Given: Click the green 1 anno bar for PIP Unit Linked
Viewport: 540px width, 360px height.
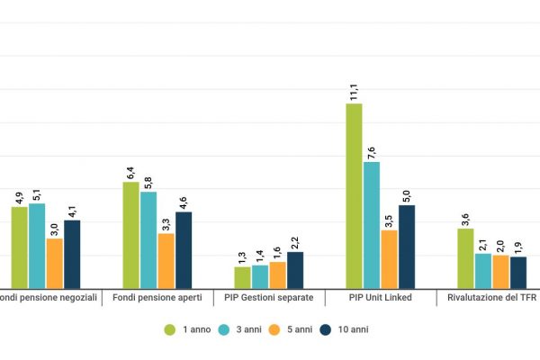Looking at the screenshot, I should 355,194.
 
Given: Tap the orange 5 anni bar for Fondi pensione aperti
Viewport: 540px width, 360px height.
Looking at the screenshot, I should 166,260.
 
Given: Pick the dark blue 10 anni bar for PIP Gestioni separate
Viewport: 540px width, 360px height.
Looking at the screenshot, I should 295,269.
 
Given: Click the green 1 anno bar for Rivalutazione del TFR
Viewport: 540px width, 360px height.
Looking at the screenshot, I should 465,257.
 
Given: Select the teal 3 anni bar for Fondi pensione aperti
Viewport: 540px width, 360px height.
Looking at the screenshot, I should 148,238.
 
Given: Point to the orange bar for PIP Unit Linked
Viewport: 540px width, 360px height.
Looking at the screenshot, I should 389,258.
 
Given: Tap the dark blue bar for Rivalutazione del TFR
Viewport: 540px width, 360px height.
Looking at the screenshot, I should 517,271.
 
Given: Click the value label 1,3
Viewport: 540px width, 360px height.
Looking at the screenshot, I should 243,256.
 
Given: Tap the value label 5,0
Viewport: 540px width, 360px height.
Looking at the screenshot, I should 407,193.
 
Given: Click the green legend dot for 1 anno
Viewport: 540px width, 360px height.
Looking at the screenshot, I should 169,329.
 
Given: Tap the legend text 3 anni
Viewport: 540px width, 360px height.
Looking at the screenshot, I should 249,329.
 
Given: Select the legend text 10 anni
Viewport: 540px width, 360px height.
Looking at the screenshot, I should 353,329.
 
